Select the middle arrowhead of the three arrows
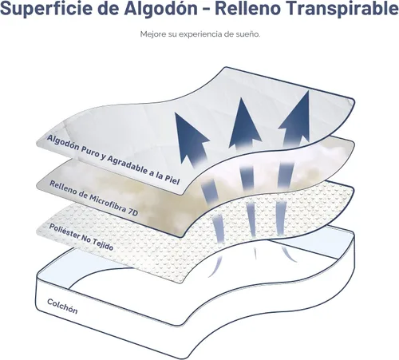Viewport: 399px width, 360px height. coord(244,122)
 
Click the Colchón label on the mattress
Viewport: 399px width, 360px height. coord(62,307)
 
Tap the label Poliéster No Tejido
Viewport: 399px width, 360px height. coord(81,237)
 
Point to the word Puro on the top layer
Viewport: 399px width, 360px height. coord(90,152)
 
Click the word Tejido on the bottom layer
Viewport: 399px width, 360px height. coord(103,245)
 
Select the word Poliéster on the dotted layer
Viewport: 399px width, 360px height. coord(64,231)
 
